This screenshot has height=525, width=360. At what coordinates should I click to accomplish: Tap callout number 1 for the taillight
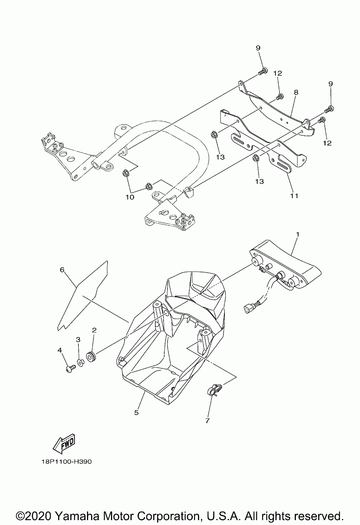297,234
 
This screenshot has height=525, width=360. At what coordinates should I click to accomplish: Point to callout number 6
62,269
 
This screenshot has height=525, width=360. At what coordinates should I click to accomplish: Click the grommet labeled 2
90,356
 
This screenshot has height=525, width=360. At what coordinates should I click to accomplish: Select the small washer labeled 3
80,362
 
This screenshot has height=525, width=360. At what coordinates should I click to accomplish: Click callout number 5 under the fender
136,412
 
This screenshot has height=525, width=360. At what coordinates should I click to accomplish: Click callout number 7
207,421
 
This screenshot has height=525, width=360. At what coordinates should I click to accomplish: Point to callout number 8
296,92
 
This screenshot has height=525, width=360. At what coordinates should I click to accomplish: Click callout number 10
130,197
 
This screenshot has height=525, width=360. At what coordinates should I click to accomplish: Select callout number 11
294,196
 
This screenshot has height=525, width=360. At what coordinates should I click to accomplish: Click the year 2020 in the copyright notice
40,514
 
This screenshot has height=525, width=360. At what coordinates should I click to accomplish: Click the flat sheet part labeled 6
82,296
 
